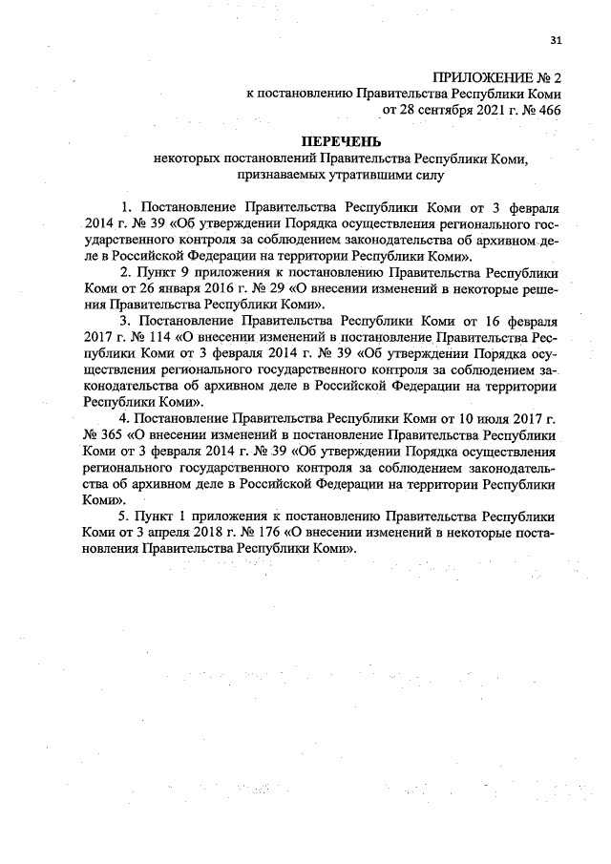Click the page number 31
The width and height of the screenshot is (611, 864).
click(x=556, y=39)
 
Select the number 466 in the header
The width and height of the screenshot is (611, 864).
click(x=548, y=110)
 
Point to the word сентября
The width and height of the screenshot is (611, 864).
click(x=438, y=110)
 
